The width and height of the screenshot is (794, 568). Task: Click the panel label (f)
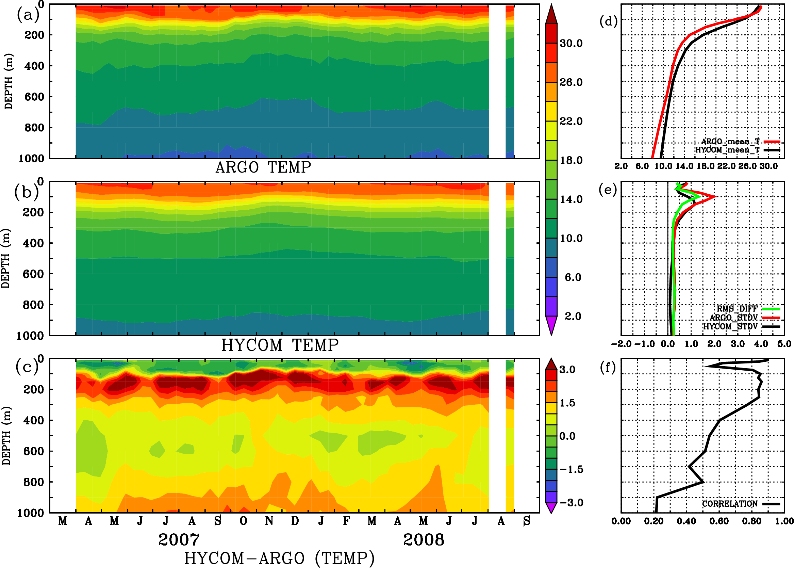point(608,367)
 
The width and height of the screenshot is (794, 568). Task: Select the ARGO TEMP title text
point(263,167)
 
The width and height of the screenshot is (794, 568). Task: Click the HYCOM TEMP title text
point(280,345)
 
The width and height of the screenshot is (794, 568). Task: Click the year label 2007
point(179,540)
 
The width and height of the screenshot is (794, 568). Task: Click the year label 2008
point(424,540)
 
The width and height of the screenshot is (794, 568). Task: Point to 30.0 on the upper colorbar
point(571,43)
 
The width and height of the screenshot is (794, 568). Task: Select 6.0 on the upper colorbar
point(573,277)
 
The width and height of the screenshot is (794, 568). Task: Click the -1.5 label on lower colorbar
point(571,469)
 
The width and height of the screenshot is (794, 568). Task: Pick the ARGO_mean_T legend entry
point(730,142)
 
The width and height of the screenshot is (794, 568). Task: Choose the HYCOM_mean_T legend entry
point(727,150)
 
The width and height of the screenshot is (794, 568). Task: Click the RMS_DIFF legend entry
point(737,309)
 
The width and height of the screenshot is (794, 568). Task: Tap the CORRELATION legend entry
point(730,504)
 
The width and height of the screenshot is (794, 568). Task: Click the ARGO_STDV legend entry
point(733,318)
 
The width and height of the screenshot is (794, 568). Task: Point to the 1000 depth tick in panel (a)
point(31,159)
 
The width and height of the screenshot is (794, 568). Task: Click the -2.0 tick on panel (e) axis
point(621,344)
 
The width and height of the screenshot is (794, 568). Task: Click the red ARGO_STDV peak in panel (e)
point(715,197)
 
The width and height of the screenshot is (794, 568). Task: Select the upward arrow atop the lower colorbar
point(551,364)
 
